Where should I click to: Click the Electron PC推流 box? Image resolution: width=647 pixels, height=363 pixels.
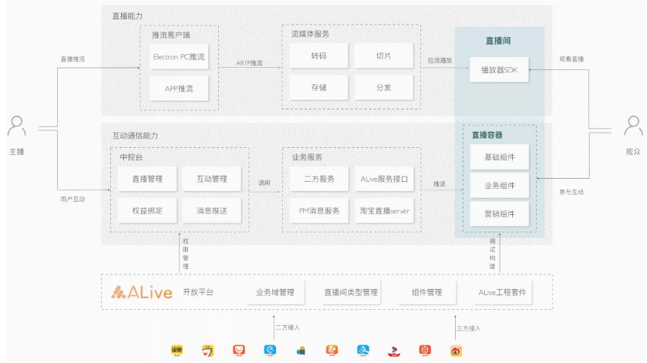179,57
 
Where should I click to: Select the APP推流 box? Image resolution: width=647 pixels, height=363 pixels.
179,88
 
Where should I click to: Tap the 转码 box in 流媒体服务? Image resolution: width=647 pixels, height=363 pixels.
318,56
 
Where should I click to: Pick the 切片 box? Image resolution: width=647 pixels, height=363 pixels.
383,56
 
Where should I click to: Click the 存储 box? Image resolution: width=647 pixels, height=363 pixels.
318,87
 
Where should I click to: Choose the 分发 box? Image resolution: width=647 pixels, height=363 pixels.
383,87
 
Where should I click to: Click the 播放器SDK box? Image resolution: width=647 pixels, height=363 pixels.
499,70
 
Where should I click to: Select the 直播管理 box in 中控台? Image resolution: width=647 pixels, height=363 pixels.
147,179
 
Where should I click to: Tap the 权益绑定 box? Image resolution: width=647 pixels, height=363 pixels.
147,210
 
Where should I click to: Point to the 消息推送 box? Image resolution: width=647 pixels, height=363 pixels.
211,210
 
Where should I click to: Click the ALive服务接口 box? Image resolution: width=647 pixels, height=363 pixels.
384,179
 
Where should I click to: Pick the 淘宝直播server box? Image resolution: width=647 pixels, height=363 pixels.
384,210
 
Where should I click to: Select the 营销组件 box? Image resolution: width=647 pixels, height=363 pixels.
499,213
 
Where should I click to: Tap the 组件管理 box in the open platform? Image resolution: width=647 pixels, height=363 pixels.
426,292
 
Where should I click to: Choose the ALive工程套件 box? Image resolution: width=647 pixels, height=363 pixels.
502,292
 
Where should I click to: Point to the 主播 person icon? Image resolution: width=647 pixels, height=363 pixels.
17,126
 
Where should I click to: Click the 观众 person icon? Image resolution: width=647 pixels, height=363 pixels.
633,126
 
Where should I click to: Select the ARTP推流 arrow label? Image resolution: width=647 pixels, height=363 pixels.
249,63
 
